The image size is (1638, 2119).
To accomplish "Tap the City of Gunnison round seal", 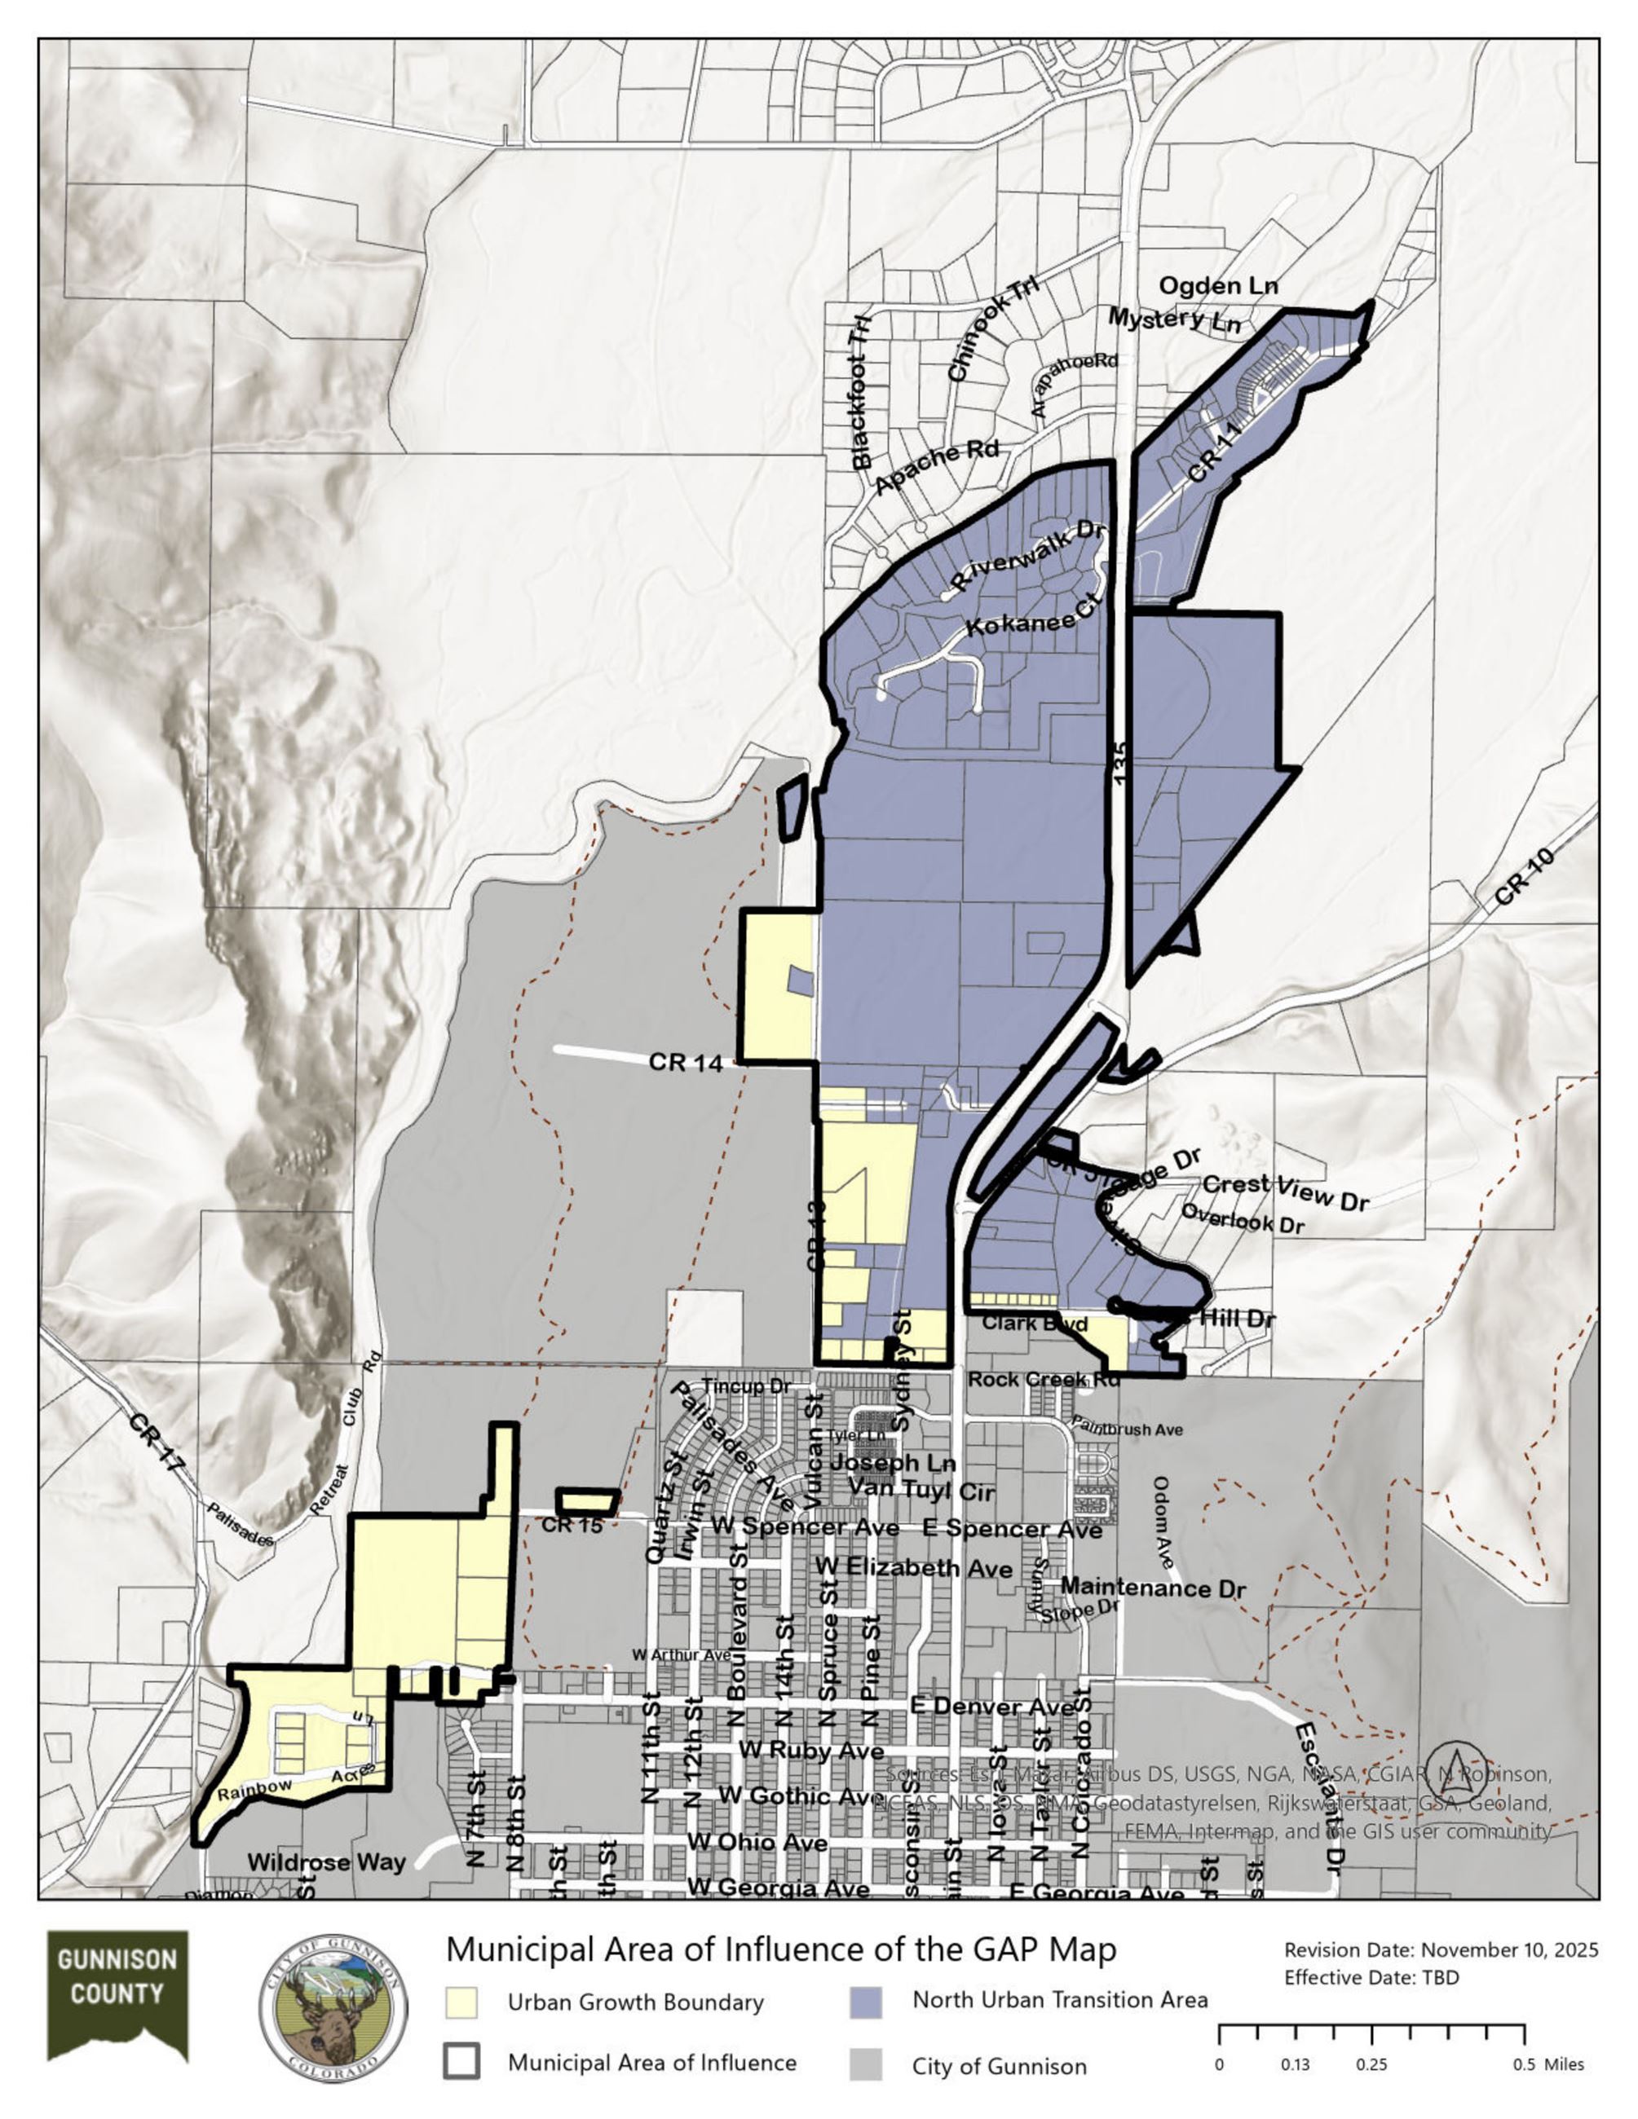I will (x=333, y=2011).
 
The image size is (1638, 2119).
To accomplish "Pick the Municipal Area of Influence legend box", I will (x=462, y=2062).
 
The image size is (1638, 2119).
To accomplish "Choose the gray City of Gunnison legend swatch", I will (x=866, y=2064).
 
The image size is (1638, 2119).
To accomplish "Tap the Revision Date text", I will (x=1441, y=1950).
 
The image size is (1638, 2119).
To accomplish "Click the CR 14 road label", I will (x=686, y=1064).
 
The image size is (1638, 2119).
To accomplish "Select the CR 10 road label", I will (x=1525, y=878).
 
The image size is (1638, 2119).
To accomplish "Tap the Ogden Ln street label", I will (x=1219, y=286).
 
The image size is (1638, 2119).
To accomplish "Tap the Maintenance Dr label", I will (x=1153, y=1588).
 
